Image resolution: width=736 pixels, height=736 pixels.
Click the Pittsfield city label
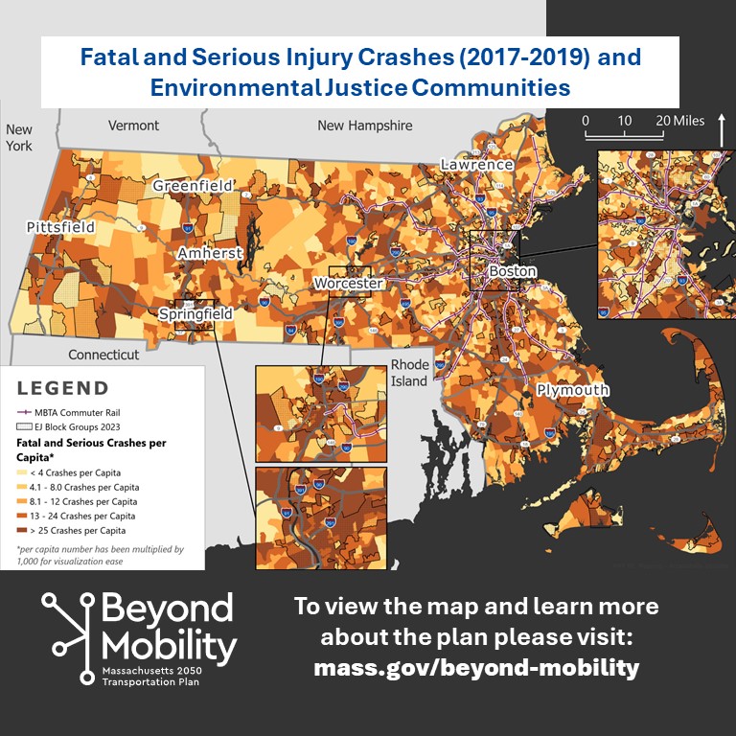pyautogui.click(x=61, y=227)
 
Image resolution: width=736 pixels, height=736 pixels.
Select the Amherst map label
pyautogui.click(x=210, y=253)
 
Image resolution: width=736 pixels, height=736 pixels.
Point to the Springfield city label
pyautogui.click(x=195, y=313)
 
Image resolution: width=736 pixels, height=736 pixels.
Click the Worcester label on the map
pyautogui.click(x=349, y=284)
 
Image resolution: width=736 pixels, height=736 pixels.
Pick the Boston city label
pyautogui.click(x=513, y=271)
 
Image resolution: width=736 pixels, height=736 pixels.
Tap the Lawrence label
pyautogui.click(x=476, y=164)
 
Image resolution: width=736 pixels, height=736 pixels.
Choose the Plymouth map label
pyautogui.click(x=572, y=390)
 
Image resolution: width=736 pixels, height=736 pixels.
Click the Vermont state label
pyautogui.click(x=133, y=126)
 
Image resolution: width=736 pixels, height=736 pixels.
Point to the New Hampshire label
pyautogui.click(x=364, y=126)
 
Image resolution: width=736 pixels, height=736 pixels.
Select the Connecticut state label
pyautogui.click(x=103, y=355)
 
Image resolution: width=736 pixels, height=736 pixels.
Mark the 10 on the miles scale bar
pyautogui.click(x=624, y=121)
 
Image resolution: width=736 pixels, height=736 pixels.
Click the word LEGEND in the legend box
pyautogui.click(x=63, y=388)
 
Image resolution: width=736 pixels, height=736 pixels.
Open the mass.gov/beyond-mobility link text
pyautogui.click(x=476, y=668)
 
